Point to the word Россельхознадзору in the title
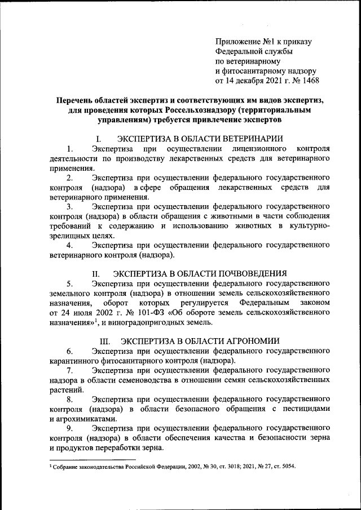coord(202,110)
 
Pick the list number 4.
coord(69,245)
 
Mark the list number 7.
coord(69,370)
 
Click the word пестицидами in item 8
coord(306,409)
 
